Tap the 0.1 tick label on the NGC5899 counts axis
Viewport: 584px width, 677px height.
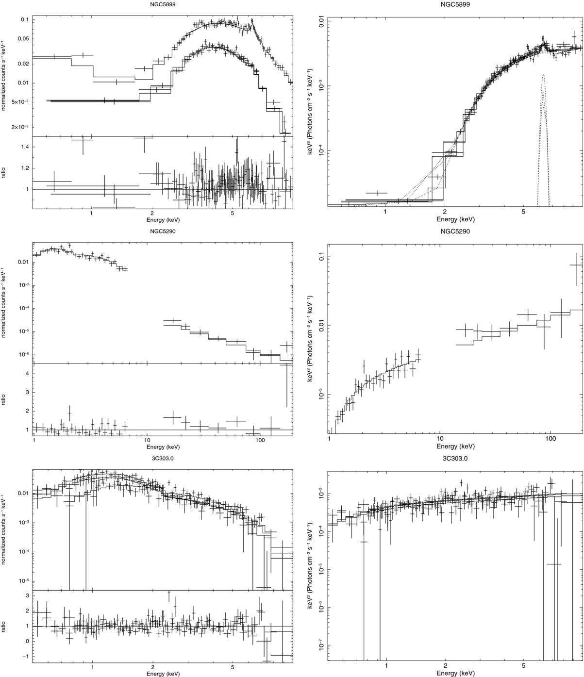click(25, 19)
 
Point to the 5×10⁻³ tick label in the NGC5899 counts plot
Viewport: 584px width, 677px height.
click(20, 101)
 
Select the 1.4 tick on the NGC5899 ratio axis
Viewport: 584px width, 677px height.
click(25, 147)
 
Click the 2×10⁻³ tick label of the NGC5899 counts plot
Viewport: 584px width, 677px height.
click(20, 127)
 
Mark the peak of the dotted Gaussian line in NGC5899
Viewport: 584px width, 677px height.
click(543, 74)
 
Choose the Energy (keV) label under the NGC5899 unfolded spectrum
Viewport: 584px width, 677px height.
click(455, 219)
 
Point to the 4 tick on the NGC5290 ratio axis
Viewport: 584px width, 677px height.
click(28, 374)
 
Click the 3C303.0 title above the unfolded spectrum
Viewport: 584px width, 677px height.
click(455, 459)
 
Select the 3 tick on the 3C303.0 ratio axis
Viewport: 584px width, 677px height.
click(28, 595)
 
